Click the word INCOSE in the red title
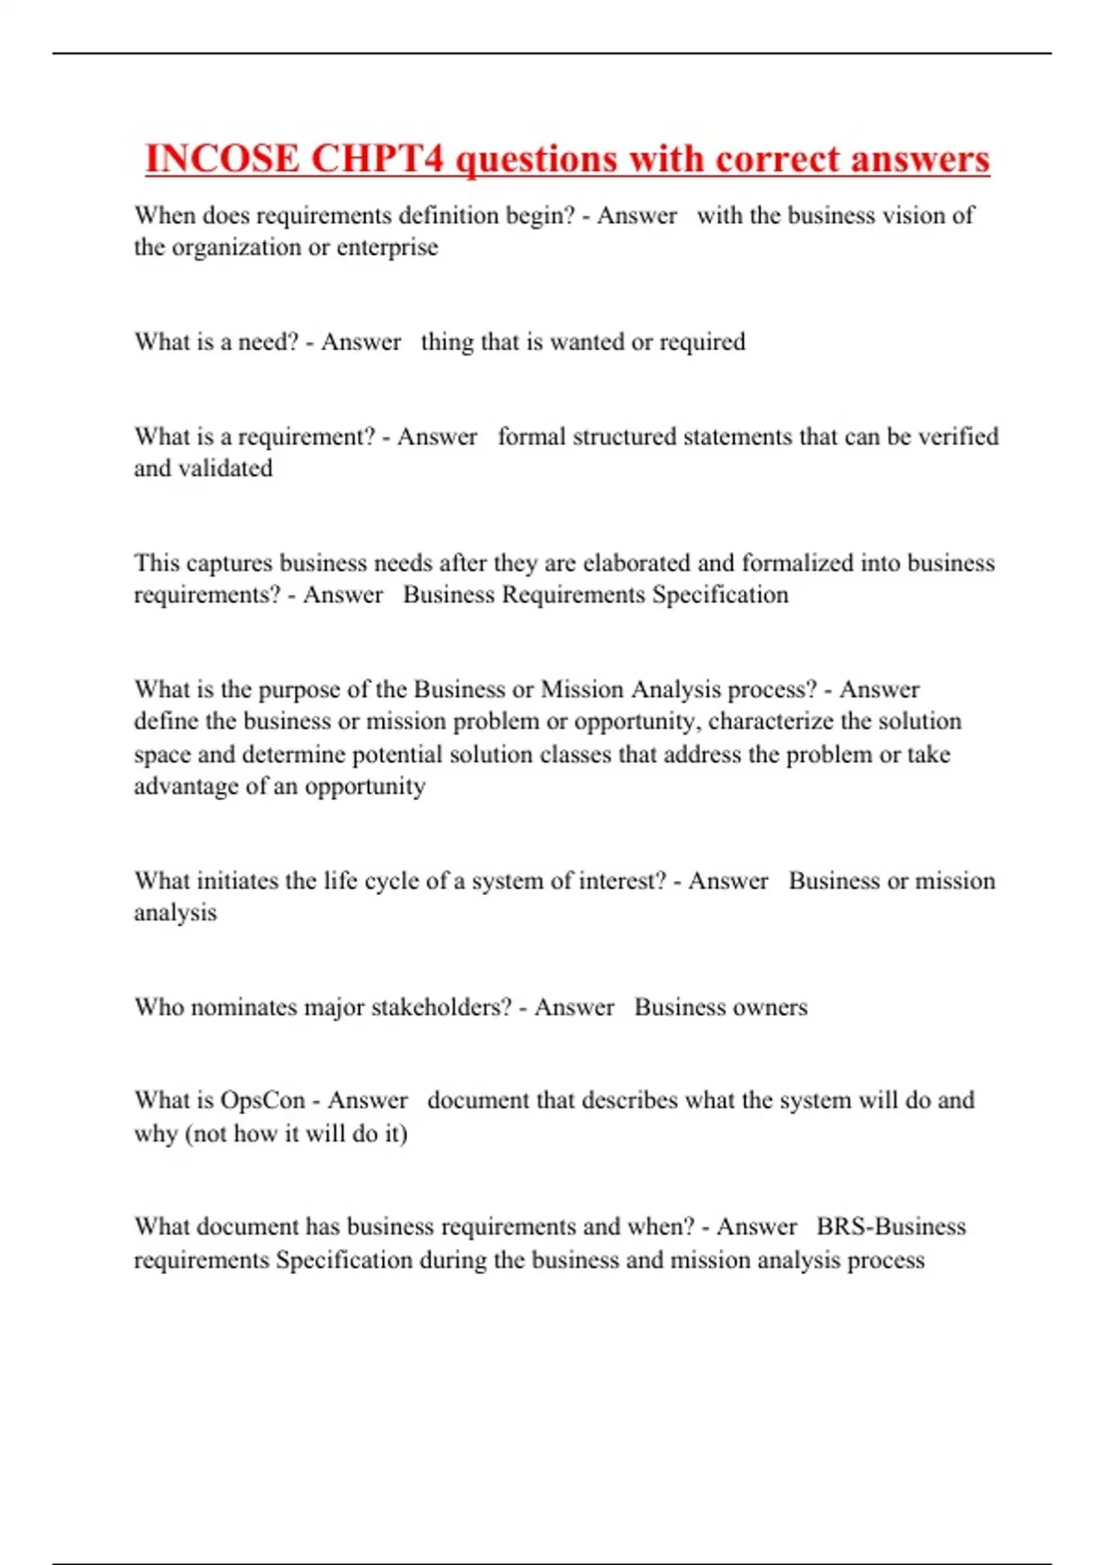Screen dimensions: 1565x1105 (222, 158)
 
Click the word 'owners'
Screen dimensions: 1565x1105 (770, 1007)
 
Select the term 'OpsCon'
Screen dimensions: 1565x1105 (262, 1101)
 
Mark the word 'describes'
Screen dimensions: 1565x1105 (629, 1101)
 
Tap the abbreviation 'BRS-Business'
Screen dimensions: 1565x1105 (890, 1227)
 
